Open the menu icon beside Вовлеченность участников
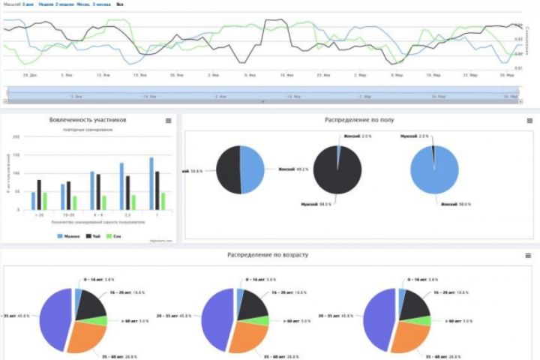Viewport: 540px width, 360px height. coord(168,120)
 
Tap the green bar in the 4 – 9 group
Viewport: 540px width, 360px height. coord(103,202)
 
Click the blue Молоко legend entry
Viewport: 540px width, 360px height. coord(68,236)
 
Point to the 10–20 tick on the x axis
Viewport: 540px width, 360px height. coord(68,214)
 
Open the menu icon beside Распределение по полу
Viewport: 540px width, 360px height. coord(529,120)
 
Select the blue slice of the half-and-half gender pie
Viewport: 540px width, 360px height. coord(252,170)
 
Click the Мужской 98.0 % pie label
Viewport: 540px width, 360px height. coord(314,204)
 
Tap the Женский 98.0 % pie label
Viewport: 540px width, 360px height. coord(454,204)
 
